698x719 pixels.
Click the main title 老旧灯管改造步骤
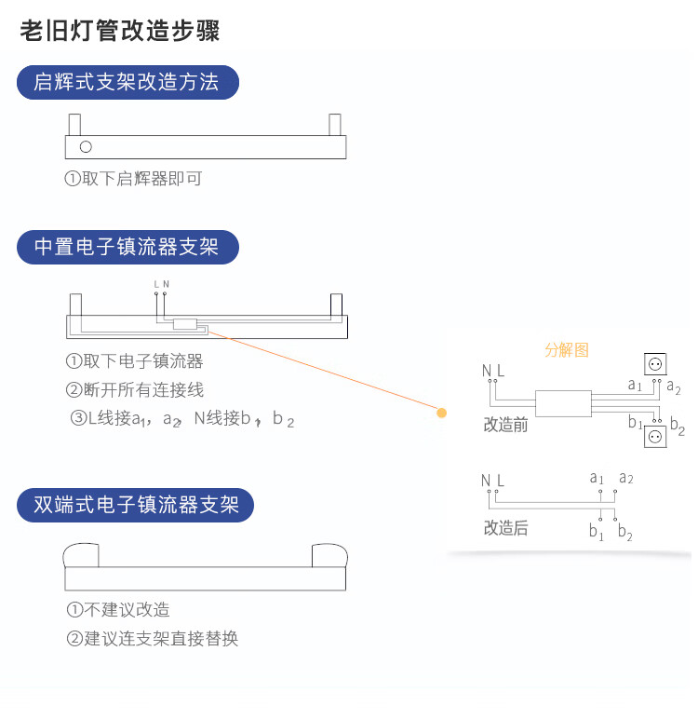click(120, 31)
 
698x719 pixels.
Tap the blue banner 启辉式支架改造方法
click(128, 83)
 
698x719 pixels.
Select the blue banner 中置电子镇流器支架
click(128, 248)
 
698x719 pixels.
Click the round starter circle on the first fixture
click(86, 146)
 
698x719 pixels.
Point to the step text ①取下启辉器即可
click(133, 179)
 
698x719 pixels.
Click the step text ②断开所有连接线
click(134, 389)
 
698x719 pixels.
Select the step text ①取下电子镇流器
click(134, 361)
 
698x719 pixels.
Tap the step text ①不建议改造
click(118, 610)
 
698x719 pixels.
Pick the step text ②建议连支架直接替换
click(153, 639)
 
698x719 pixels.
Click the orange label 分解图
click(567, 350)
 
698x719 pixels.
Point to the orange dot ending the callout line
click(442, 413)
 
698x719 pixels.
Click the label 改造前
click(505, 425)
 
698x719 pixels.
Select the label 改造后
click(505, 528)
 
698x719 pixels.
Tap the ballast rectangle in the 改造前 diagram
click(562, 402)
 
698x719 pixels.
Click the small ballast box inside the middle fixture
click(185, 325)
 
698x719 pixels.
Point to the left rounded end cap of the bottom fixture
click(81, 555)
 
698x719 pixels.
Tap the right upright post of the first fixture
click(335, 124)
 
